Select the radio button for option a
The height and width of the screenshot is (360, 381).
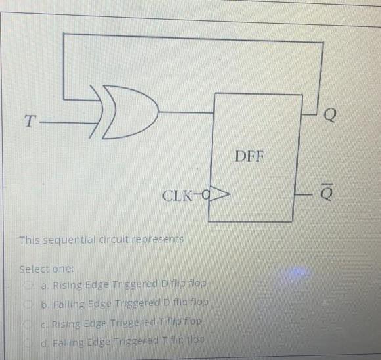pos(30,284)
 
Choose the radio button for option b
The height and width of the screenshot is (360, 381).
pos(30,303)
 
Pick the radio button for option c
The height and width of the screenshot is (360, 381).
pos(30,321)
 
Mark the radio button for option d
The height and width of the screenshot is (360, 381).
pos(30,340)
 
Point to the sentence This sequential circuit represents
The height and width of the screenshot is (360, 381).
pos(101,239)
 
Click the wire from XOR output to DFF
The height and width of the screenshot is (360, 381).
pos(187,112)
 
